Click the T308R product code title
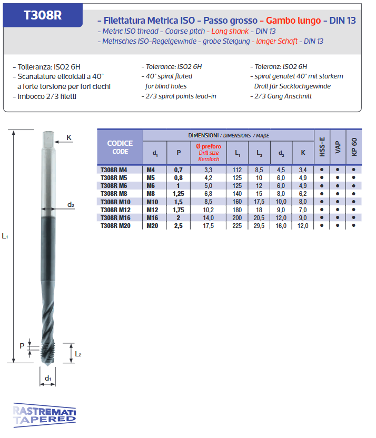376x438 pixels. [x=43, y=15]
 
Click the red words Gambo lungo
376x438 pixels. [x=293, y=21]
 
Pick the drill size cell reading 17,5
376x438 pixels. [x=209, y=226]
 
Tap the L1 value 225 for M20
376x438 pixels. [x=237, y=226]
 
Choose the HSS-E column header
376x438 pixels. [x=322, y=147]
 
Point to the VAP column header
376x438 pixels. [x=338, y=147]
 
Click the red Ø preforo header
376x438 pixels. [x=209, y=152]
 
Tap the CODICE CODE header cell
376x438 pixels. [x=120, y=147]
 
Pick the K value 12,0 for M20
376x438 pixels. [x=302, y=226]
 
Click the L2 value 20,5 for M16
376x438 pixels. [x=259, y=217]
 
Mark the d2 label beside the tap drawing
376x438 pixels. [x=71, y=204]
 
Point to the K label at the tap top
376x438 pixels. [x=69, y=138]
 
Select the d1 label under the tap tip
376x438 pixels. [x=47, y=378]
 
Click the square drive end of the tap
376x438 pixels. [x=47, y=138]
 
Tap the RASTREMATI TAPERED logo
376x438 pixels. [x=44, y=415]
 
